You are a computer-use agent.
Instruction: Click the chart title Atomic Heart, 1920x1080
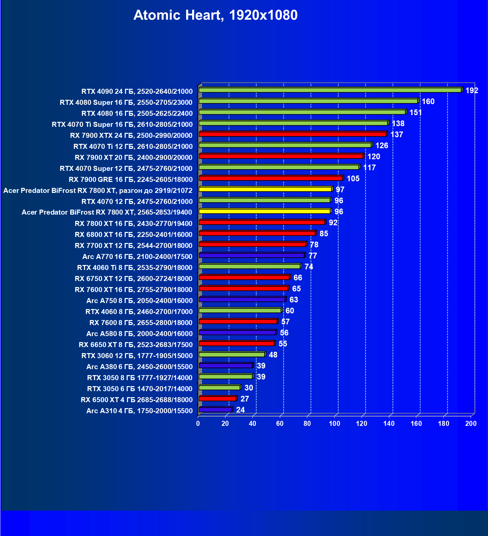point(215,15)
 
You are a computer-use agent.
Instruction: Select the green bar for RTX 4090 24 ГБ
point(330,90)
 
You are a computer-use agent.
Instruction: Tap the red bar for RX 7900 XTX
point(293,134)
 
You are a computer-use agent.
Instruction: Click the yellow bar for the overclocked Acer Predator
point(265,189)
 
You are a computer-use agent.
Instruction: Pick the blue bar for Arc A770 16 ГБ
point(252,255)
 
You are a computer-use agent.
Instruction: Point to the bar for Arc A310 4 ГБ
point(215,410)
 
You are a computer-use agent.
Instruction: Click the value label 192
point(472,90)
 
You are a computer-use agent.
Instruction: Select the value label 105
point(353,179)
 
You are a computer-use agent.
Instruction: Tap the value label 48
point(273,355)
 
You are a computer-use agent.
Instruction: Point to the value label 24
point(240,410)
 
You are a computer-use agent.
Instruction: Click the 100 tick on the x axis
point(335,424)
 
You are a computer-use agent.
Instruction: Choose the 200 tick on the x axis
point(471,424)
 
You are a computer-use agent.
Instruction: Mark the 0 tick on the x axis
point(198,424)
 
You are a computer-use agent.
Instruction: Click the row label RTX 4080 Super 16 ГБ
point(126,102)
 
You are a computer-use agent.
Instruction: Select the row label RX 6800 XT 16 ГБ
point(133,234)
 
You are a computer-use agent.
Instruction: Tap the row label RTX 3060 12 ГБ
point(137,355)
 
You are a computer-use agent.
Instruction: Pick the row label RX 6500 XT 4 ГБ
point(136,399)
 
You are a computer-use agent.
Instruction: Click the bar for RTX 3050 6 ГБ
point(219,387)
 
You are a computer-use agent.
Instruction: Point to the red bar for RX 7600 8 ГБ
point(238,321)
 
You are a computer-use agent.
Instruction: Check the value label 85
point(324,234)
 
